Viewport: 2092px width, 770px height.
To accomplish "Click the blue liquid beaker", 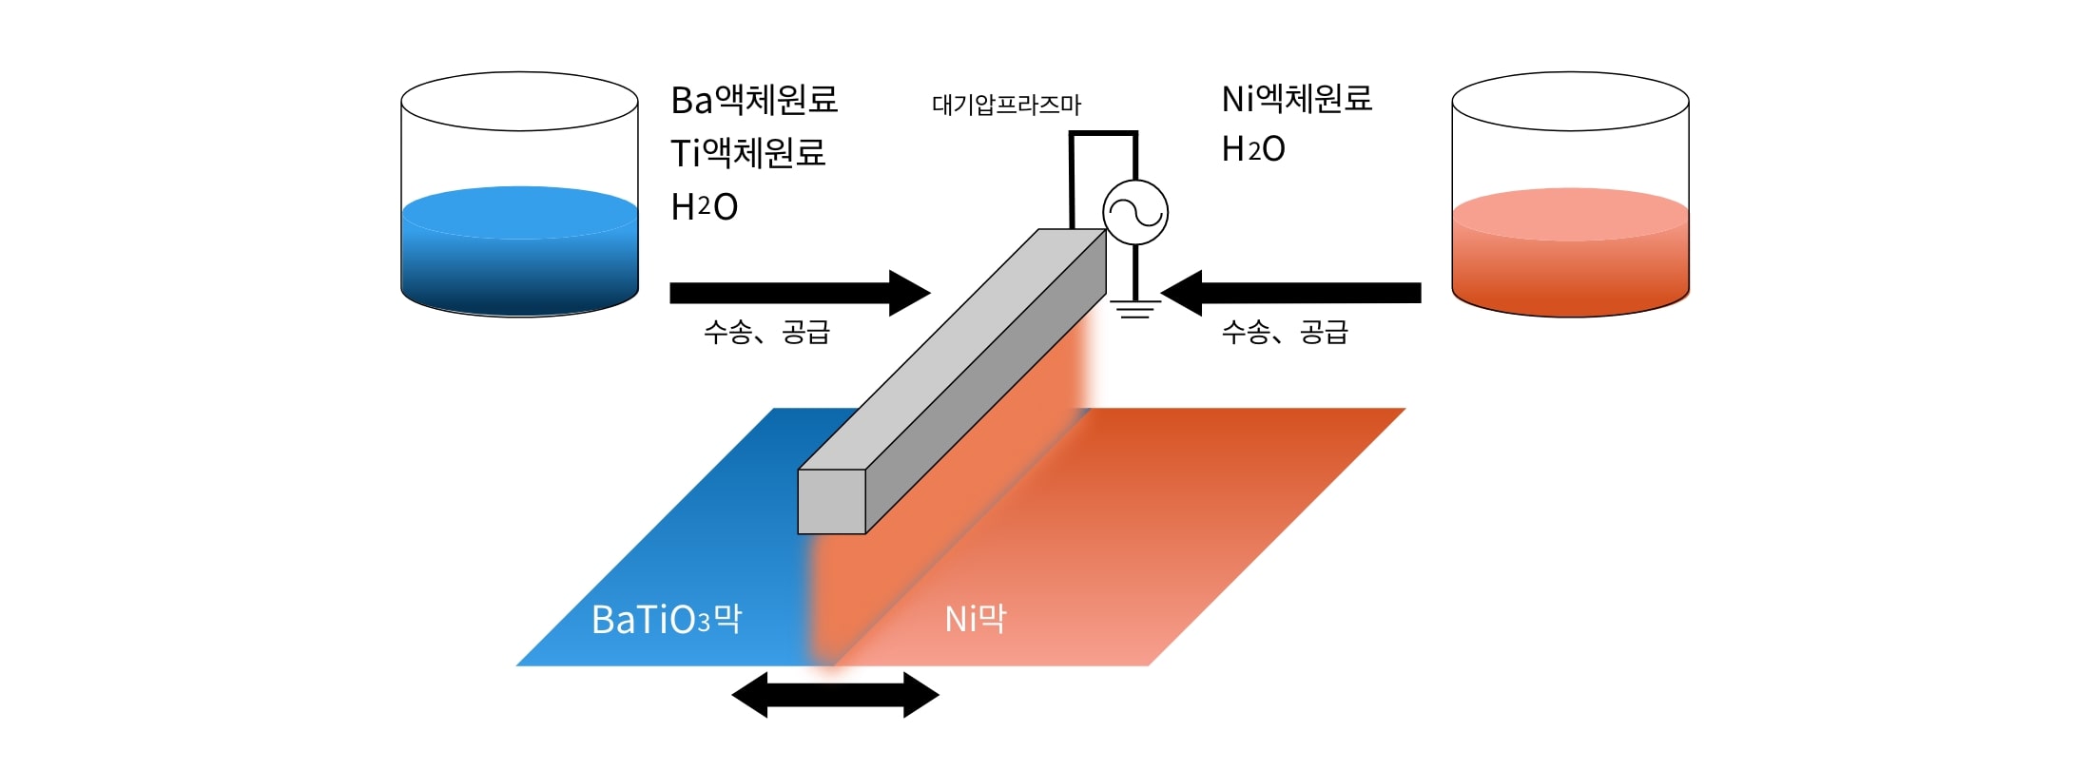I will pos(519,252).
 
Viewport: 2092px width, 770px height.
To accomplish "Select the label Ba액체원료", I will pos(754,100).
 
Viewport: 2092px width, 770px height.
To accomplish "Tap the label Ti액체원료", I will pos(747,153).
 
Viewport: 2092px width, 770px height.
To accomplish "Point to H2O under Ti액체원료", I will pos(704,207).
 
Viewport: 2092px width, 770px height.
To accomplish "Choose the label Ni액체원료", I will pos(1296,99).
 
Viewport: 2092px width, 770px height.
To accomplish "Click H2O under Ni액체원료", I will pos(1252,149).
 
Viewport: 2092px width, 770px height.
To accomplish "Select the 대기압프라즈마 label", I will pos(1006,105).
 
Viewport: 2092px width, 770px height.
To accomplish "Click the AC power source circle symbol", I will pos(1134,212).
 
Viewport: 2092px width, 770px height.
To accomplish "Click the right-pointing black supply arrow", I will pos(799,293).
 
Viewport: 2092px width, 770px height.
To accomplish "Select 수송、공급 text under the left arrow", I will pos(766,332).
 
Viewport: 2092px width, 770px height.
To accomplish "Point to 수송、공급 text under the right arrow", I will pos(1285,332).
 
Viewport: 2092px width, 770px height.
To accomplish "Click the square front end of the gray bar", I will pos(831,501).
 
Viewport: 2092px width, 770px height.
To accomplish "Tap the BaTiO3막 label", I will pos(666,620).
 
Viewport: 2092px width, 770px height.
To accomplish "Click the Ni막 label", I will pos(975,619).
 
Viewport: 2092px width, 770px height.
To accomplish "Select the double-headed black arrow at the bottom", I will pos(835,695).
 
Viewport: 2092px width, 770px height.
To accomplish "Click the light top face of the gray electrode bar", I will pos(951,348).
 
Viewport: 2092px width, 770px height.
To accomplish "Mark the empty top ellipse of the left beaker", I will pos(519,101).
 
